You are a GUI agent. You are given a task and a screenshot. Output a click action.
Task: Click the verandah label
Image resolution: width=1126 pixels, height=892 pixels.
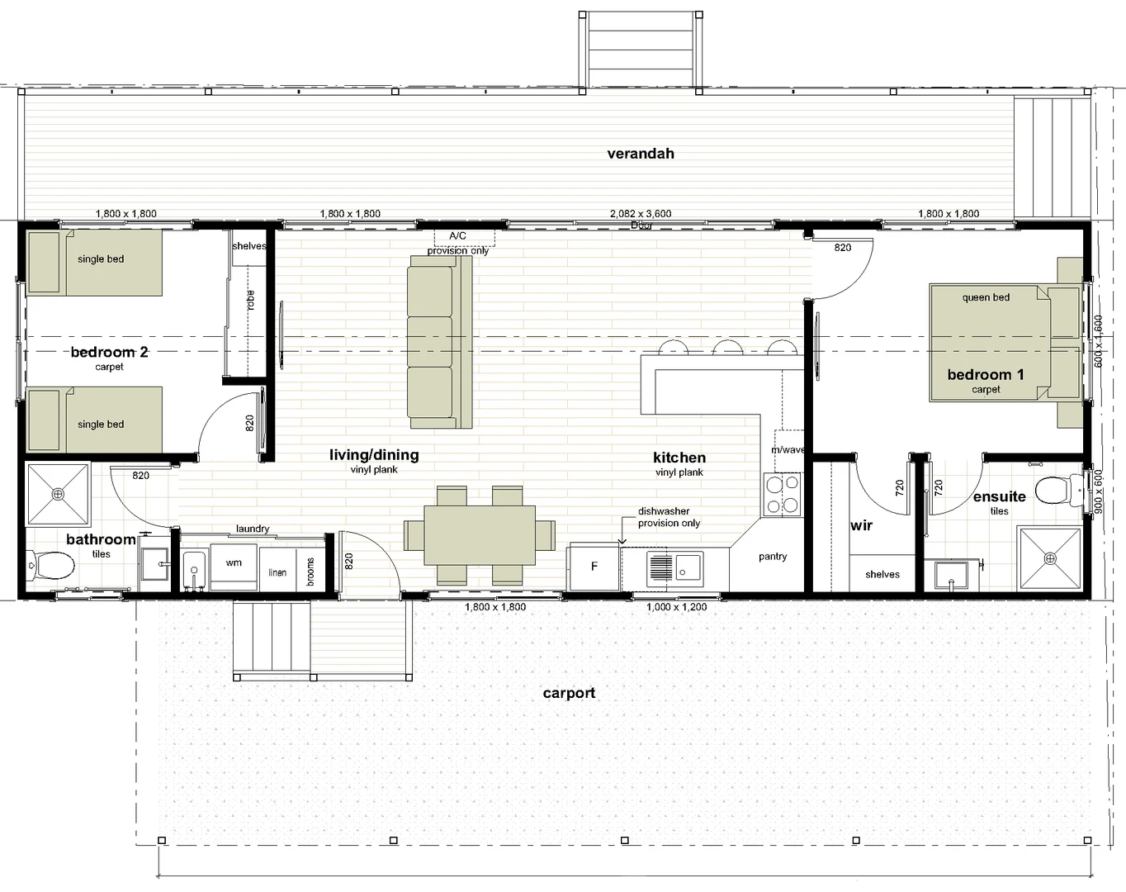641,154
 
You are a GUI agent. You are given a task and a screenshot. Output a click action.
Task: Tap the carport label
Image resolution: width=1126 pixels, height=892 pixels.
569,693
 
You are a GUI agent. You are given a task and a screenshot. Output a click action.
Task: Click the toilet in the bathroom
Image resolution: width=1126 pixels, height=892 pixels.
52,567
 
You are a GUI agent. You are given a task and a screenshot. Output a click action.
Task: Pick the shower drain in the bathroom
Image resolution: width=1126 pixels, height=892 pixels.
58,495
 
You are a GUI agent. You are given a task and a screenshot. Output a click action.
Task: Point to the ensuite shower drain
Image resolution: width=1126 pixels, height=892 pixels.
1050,559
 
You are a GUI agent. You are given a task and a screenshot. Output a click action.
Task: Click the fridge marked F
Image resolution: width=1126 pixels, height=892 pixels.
594,567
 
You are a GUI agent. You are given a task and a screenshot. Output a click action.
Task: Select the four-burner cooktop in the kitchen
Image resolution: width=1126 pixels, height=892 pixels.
782,494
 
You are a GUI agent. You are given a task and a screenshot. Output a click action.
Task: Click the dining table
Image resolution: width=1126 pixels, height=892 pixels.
480,534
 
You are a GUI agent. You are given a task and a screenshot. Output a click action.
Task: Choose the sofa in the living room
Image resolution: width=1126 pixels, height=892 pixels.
439,341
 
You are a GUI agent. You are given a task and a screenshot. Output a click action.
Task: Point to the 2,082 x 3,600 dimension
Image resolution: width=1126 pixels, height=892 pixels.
641,213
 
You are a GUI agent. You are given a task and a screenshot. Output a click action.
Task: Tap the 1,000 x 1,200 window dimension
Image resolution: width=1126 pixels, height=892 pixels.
676,607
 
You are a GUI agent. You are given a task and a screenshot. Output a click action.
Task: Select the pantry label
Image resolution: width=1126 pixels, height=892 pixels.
773,557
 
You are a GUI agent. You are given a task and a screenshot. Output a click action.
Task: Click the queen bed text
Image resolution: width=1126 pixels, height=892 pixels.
986,297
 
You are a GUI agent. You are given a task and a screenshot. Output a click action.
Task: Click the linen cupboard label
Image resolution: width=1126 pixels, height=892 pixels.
277,572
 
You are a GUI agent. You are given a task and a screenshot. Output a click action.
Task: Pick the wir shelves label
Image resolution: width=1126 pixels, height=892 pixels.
882,574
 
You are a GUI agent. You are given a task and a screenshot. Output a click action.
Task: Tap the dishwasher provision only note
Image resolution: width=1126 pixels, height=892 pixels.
669,517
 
